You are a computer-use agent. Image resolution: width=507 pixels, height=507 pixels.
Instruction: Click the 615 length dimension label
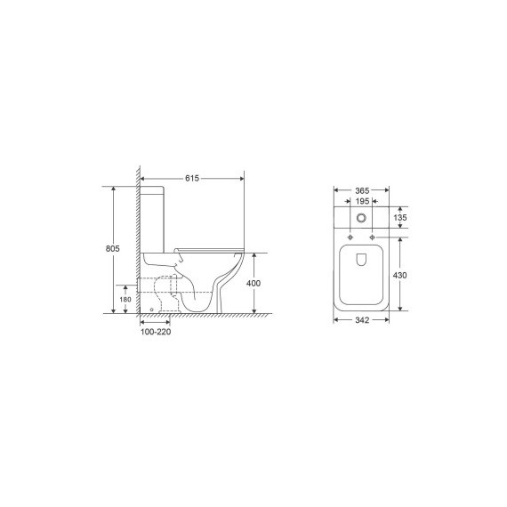pos(192,178)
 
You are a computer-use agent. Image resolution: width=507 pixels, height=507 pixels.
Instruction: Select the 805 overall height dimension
pos(113,248)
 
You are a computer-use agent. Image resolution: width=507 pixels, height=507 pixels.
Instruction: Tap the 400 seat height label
pos(253,283)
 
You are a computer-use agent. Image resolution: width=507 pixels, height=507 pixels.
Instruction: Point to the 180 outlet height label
pos(125,300)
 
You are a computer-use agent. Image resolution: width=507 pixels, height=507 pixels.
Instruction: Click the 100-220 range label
pos(156,332)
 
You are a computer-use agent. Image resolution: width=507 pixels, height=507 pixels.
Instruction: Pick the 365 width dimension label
pos(362,190)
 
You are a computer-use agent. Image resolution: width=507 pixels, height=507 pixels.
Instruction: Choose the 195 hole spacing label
pos(362,201)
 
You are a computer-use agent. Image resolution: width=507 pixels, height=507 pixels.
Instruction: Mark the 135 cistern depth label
pos(400,218)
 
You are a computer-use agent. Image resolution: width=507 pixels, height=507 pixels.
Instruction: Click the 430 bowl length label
pos(399,275)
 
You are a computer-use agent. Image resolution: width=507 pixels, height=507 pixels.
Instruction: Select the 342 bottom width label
pos(362,320)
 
